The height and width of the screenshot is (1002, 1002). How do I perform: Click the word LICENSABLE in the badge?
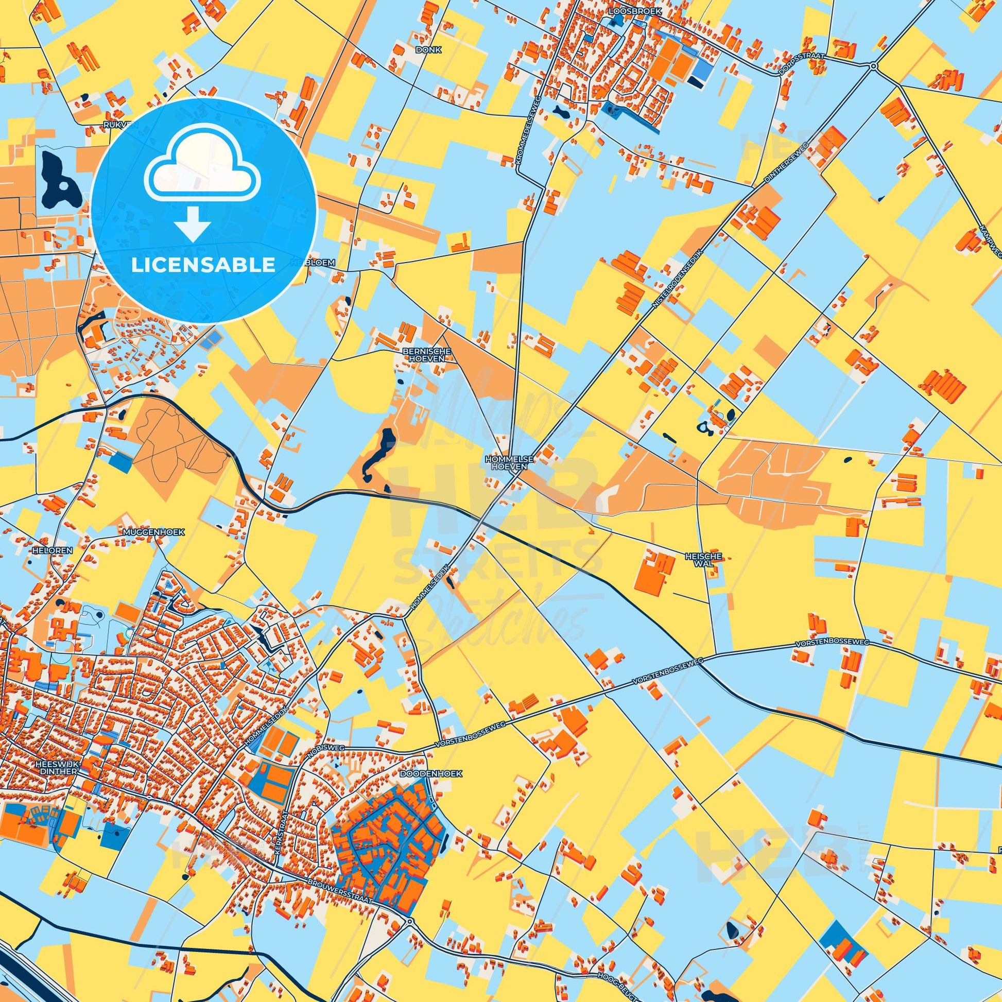tap(203, 265)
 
